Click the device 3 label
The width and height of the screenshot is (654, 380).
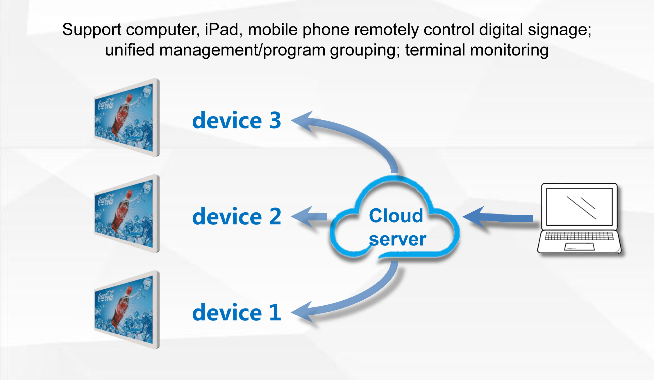tap(237, 120)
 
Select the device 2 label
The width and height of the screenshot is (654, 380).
tap(237, 217)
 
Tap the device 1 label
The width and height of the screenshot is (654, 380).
tap(237, 313)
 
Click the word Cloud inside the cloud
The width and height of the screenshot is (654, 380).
tap(396, 216)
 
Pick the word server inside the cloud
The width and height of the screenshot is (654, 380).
tap(397, 239)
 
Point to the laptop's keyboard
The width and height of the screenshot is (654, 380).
tap(579, 236)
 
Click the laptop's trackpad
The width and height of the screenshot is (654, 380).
tap(579, 247)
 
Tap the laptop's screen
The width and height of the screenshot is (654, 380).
tap(579, 207)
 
